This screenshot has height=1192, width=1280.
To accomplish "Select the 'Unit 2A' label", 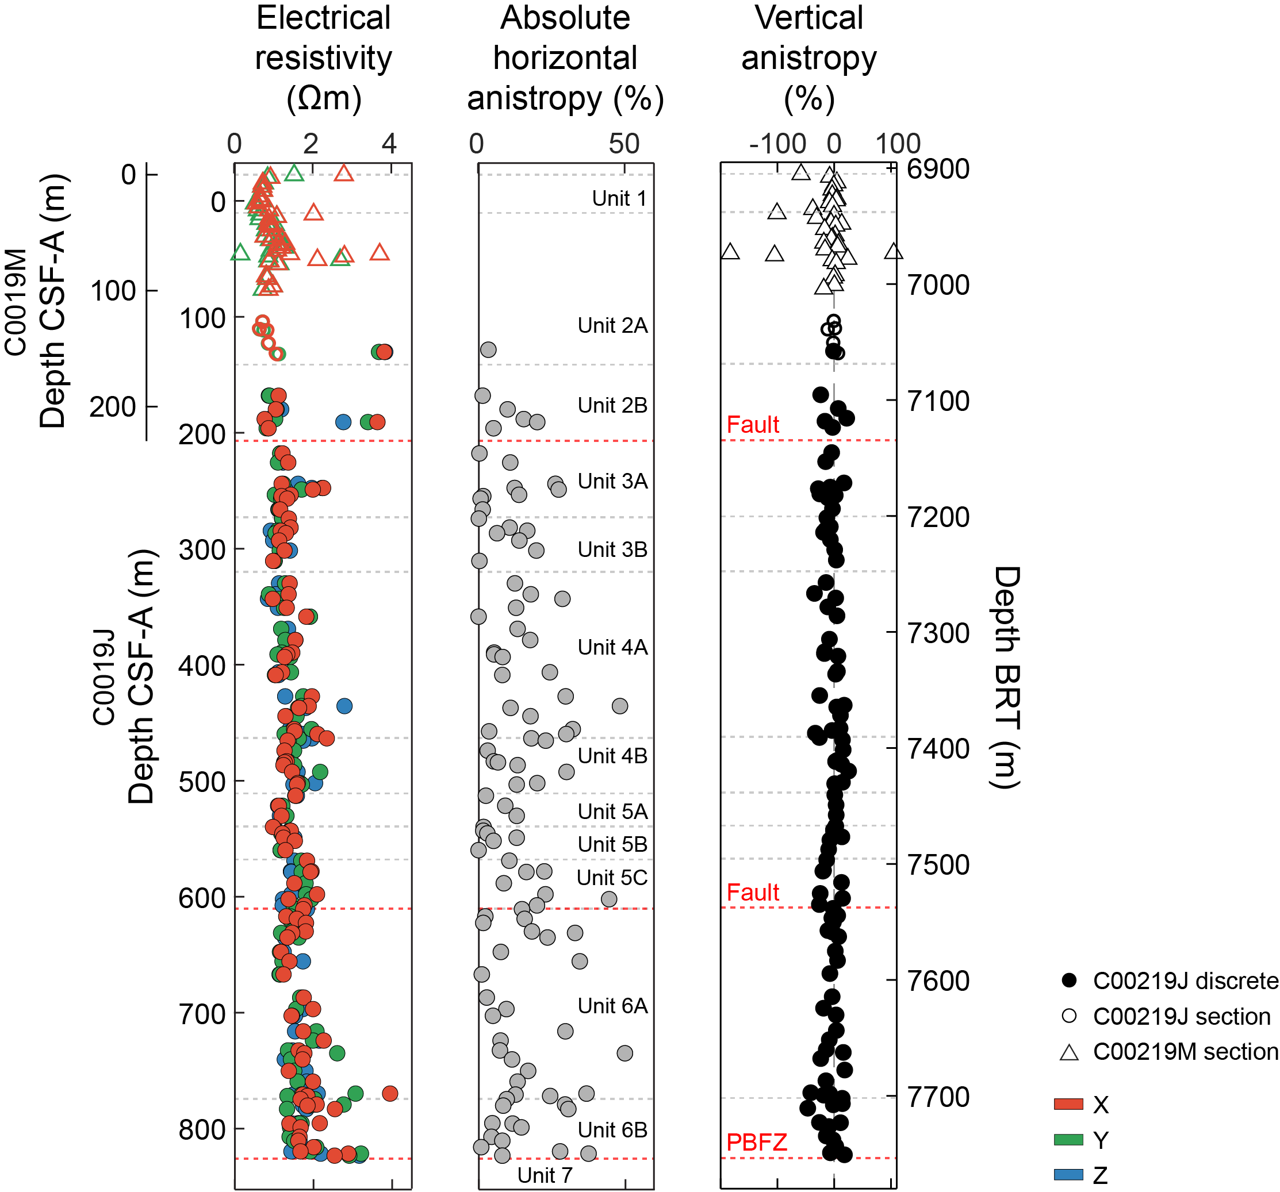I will click(612, 326).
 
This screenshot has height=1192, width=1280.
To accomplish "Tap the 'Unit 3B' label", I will click(612, 549).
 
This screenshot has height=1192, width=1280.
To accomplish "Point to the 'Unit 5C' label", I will click(612, 877).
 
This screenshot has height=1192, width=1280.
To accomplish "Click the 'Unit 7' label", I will click(545, 1175).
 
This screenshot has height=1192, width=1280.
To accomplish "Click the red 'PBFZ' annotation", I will click(757, 1143).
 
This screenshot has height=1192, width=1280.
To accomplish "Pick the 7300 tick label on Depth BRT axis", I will click(938, 633).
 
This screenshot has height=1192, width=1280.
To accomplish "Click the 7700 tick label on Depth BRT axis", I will click(938, 1097).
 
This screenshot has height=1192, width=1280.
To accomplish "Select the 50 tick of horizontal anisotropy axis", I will click(624, 144).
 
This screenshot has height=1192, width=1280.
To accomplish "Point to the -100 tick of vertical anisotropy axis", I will click(777, 144).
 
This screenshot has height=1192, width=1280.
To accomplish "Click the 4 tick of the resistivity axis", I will click(389, 144).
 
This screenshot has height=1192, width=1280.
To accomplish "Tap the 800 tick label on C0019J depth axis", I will click(202, 1129).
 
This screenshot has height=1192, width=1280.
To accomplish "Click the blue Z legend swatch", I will click(1069, 1175).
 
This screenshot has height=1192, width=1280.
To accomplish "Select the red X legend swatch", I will click(1069, 1105).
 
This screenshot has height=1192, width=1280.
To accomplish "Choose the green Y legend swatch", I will click(1069, 1140).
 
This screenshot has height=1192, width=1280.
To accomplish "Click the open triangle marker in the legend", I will click(1070, 1053).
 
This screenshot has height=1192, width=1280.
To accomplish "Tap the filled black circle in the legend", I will click(1070, 981).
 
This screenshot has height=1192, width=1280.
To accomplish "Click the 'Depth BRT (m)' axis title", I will click(1005, 677).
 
